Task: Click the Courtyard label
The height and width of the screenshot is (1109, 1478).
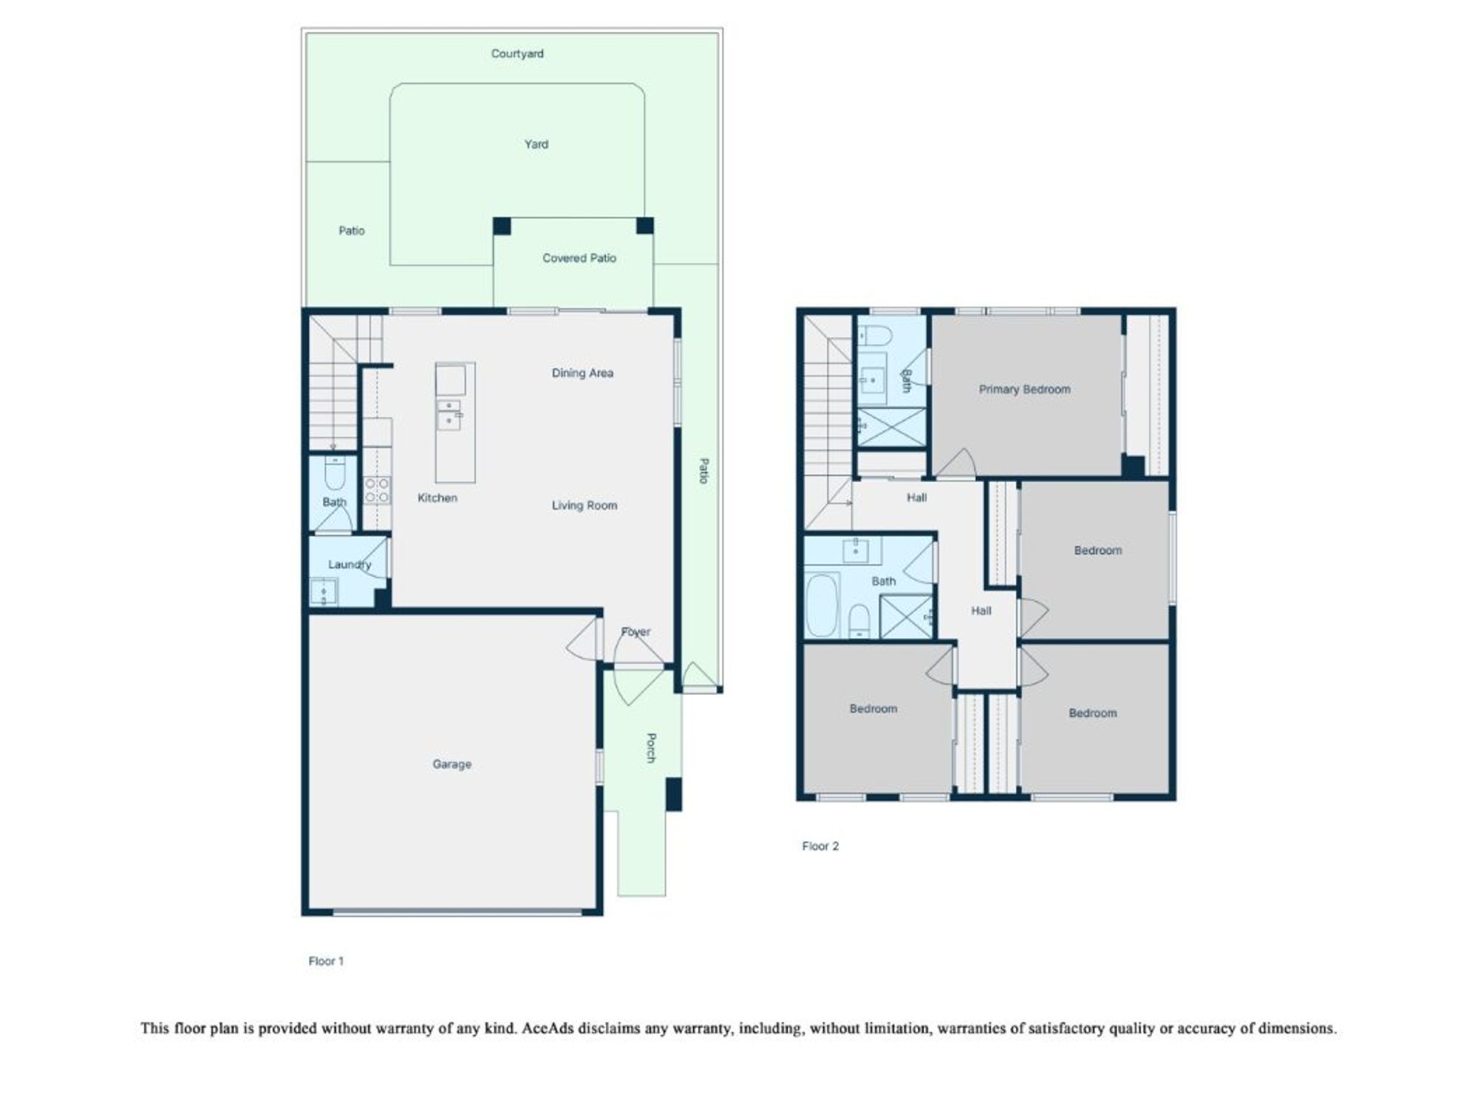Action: click(x=517, y=54)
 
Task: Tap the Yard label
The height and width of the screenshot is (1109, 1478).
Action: click(x=537, y=144)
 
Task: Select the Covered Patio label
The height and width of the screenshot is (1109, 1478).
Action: click(x=579, y=258)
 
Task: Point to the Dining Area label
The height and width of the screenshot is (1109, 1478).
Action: click(x=582, y=373)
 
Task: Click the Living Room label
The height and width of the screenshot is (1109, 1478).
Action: click(x=585, y=506)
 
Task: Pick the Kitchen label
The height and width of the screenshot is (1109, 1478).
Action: click(x=437, y=498)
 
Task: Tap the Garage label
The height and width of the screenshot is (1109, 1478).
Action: click(x=452, y=764)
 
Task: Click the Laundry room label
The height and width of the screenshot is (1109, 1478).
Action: click(x=350, y=565)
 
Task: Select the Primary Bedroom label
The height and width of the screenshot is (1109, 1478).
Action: click(x=1025, y=390)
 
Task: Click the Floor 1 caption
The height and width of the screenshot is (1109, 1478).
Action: click(x=326, y=961)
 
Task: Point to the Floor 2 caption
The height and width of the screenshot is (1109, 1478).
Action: click(x=820, y=846)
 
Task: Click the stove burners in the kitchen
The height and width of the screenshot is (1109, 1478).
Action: click(x=377, y=490)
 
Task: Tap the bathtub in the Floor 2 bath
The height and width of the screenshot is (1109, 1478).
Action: click(x=821, y=606)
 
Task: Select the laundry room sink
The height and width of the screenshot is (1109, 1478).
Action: click(x=323, y=591)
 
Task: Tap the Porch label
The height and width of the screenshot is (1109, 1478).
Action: click(x=651, y=747)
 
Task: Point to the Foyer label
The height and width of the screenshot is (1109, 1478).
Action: click(x=636, y=632)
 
